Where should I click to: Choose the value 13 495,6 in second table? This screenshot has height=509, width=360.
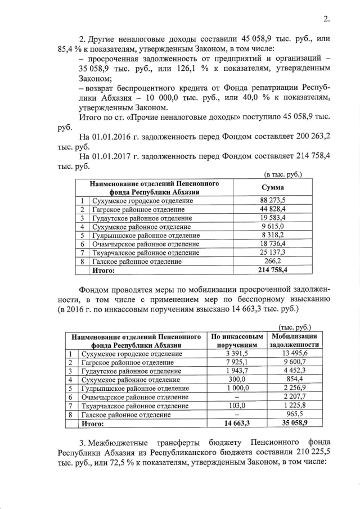tap(296, 353)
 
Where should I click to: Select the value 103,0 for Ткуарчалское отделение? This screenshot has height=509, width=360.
tap(236, 406)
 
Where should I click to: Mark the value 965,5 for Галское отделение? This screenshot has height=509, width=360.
tap(296, 415)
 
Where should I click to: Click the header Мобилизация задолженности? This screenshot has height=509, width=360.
tap(296, 340)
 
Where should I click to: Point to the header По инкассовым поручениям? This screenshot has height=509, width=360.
tap(236, 340)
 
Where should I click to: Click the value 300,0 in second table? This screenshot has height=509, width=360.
tap(236, 380)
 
